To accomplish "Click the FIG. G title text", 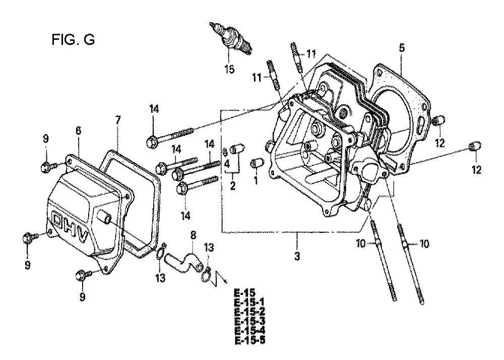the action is [73, 40].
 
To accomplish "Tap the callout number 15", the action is [229, 69].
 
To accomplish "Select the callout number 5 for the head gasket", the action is [402, 48].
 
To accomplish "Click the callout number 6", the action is [79, 131].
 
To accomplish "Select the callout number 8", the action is [193, 235].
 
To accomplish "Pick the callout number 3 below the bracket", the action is [297, 256].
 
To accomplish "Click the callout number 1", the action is [256, 181].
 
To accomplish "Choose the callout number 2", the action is [232, 186].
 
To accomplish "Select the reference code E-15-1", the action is [250, 303].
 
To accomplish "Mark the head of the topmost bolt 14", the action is [151, 142].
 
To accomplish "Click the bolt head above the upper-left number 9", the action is [45, 167].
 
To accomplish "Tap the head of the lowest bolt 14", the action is [182, 188].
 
